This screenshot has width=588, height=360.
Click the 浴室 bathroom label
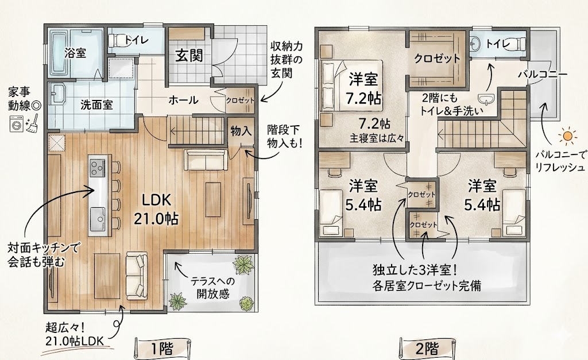75,53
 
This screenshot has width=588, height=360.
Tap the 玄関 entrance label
189,56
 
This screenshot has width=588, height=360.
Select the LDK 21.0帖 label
156,209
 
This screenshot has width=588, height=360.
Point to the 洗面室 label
96,104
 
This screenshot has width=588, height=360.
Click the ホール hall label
183,100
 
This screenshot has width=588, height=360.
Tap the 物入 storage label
241,131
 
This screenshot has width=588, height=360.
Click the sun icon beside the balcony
567,137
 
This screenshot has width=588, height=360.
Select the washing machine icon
17,124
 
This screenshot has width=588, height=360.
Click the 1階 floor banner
163,349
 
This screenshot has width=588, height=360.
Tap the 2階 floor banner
427,349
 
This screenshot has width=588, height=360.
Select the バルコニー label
542,74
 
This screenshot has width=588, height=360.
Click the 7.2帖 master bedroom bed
351,85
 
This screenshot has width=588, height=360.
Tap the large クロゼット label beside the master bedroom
437,58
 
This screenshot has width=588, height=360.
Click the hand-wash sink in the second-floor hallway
487,99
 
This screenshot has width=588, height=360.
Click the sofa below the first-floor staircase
206,161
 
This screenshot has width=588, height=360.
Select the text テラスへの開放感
212,287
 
